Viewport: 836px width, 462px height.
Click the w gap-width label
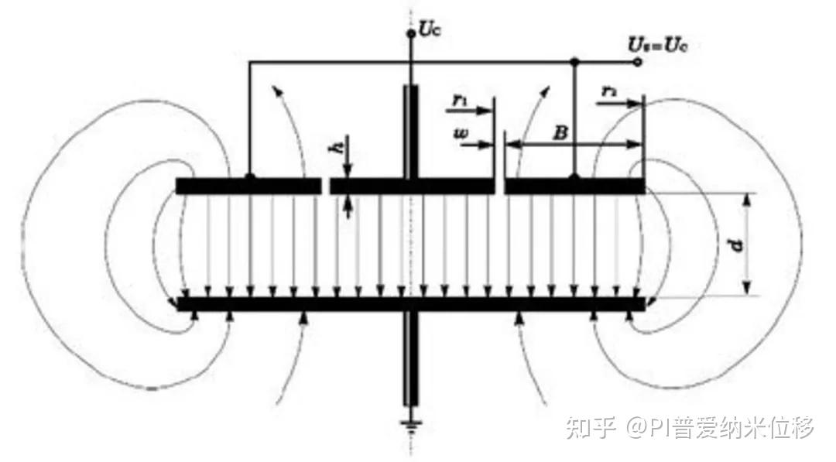pos(462,134)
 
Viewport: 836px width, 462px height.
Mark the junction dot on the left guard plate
pos(249,178)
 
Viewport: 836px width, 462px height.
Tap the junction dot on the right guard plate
pos(574,178)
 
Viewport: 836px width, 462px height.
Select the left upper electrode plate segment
pos(248,187)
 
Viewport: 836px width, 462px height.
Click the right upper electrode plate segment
pos(574,187)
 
